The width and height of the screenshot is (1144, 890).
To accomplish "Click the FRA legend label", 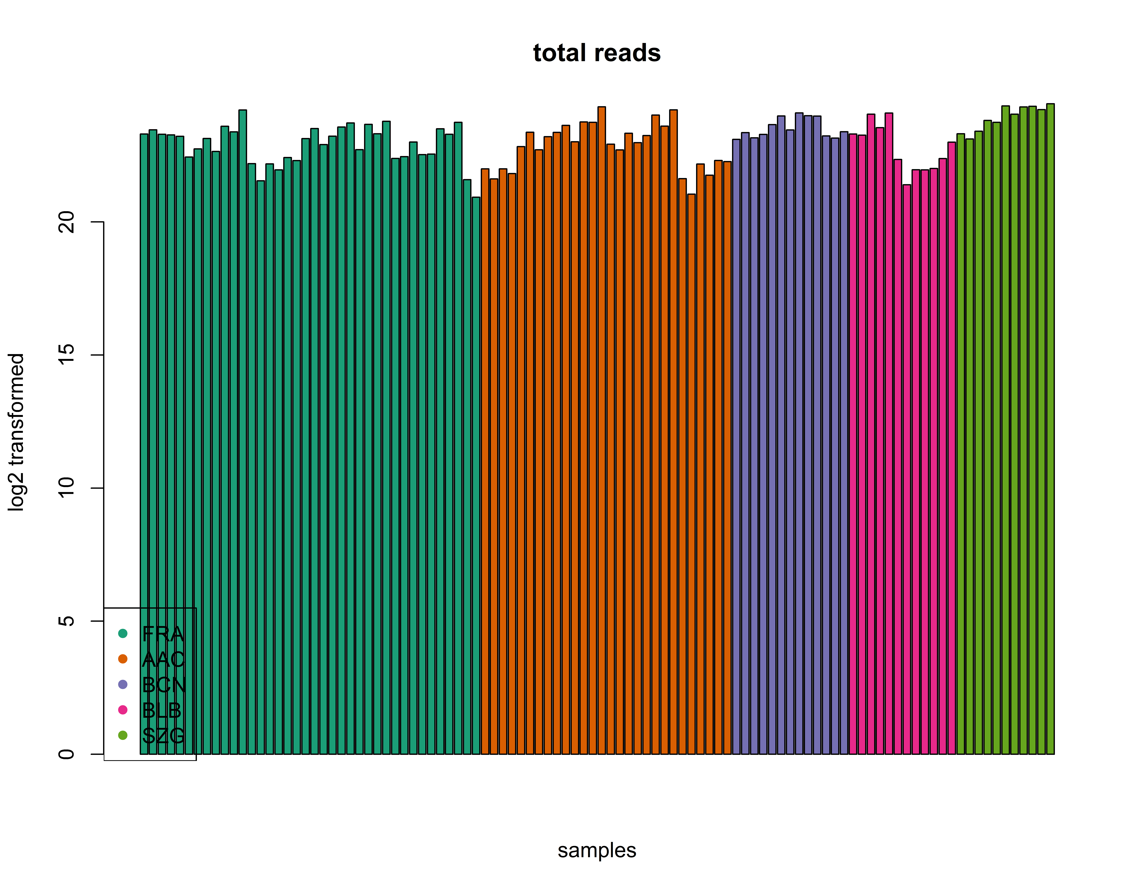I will (163, 634).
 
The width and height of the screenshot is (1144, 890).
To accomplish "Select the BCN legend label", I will (164, 685).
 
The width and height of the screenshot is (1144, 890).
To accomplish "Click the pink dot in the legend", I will (123, 710).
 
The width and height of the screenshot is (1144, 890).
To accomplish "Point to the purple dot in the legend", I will (123, 685).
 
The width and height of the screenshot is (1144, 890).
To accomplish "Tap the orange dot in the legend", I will (123, 659).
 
